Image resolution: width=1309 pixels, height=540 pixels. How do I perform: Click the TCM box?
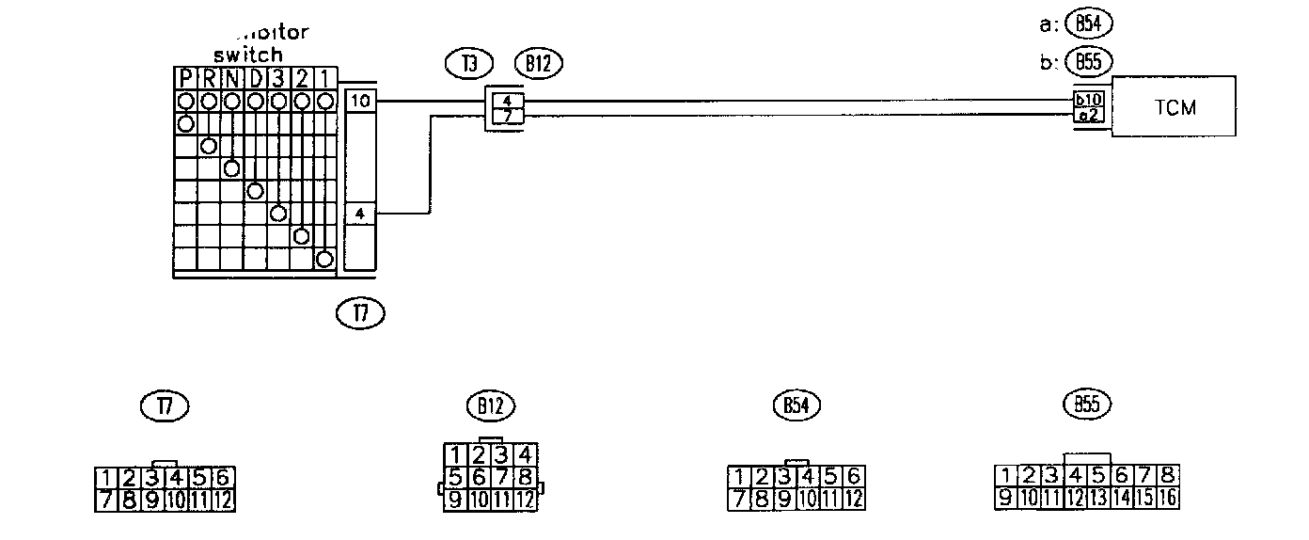tap(1174, 106)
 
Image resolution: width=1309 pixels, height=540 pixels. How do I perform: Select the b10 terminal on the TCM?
tap(1092, 99)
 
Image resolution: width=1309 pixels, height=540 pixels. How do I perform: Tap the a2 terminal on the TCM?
tap(1092, 115)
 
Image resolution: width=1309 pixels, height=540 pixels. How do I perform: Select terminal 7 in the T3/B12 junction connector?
tap(507, 116)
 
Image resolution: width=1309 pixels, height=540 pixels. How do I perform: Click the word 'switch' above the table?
tap(248, 55)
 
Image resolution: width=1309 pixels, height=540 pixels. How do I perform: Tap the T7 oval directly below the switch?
tap(360, 311)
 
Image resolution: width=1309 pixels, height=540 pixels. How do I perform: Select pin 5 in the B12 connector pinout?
tap(454, 477)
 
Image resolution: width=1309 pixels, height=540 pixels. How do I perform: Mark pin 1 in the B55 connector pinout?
tap(1006, 476)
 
